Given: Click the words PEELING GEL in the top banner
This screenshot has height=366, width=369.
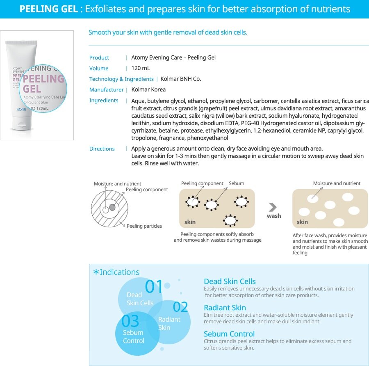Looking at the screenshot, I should [49, 9].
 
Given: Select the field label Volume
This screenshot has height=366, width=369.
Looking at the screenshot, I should [99, 68].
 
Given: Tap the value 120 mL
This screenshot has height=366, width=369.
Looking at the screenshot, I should [141, 68].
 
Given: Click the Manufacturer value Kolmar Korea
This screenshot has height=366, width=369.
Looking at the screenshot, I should [148, 89].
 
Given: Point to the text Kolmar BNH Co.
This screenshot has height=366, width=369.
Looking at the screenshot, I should [181, 79].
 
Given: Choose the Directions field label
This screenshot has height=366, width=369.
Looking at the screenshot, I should [102, 149].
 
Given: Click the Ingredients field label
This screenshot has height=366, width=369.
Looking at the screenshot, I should [104, 100].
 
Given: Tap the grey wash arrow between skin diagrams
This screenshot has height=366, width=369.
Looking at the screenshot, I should [273, 207].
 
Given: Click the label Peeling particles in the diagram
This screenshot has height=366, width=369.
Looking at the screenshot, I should [144, 226].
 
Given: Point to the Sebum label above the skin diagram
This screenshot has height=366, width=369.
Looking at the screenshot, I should [236, 183].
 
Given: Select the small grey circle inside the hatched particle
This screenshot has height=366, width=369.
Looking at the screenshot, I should [112, 208].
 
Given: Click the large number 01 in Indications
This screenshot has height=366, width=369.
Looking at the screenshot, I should [154, 287].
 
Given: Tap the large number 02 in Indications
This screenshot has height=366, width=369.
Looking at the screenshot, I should [180, 307].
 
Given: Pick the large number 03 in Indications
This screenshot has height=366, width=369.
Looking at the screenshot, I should [130, 321].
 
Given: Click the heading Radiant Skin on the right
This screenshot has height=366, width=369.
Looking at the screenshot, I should [225, 308].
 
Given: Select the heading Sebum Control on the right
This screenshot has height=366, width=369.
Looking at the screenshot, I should [229, 334].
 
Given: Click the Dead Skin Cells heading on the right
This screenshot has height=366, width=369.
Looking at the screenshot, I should [230, 281].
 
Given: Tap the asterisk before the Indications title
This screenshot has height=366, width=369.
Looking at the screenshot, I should [96, 272].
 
